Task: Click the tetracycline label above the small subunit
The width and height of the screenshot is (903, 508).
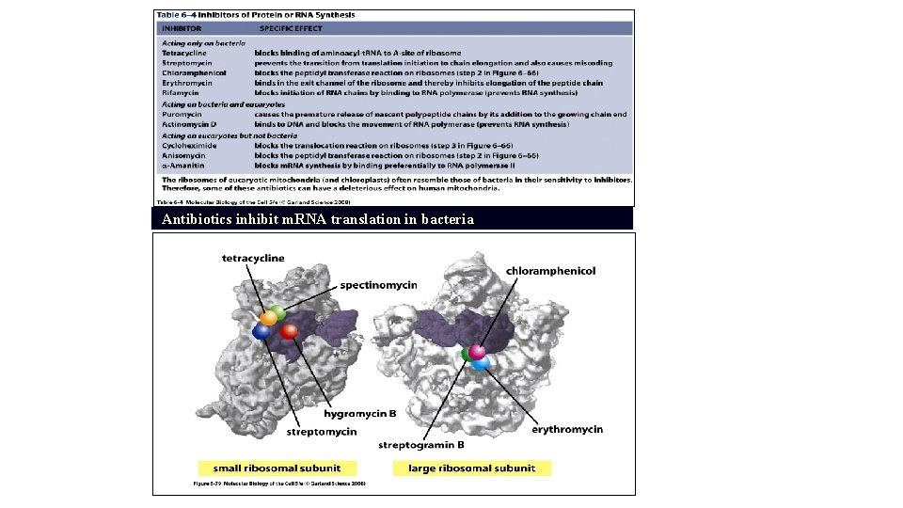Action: coord(253,258)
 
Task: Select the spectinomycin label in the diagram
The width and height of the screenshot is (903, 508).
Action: coord(378,284)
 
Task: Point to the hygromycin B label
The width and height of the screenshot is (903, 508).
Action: coord(360,413)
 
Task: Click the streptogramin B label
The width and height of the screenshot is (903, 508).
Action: coord(420,445)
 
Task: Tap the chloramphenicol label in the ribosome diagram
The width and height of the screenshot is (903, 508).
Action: coord(550,271)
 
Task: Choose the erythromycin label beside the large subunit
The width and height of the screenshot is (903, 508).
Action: coord(567,429)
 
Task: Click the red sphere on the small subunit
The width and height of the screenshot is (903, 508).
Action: coord(289,331)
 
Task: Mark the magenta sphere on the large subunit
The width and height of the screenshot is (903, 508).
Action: coord(478,352)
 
